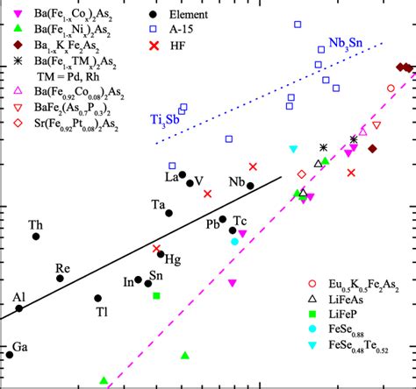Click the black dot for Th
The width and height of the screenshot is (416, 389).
(36, 237)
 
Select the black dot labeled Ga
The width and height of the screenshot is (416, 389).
(10, 354)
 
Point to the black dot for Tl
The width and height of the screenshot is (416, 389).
(98, 299)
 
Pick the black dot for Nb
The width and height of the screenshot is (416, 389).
(250, 186)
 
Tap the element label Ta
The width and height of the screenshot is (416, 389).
(158, 205)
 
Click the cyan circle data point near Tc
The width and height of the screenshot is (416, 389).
(234, 241)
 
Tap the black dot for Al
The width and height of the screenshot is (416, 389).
(19, 308)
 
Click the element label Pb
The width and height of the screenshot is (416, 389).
(212, 223)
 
